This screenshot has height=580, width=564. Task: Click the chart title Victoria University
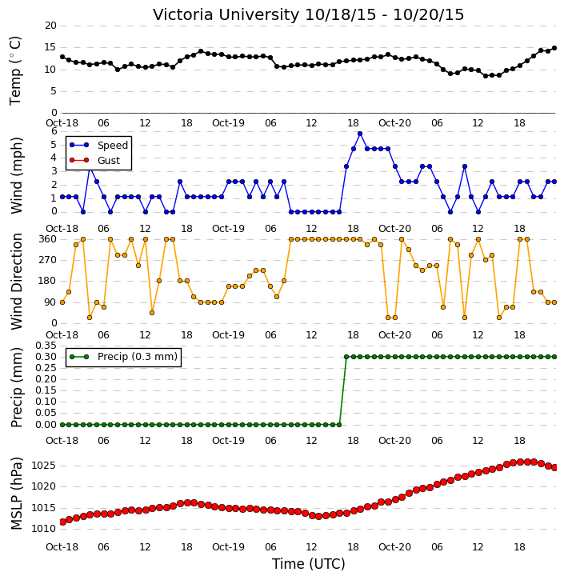click(x=226, y=15)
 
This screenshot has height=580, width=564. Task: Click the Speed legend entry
click(x=98, y=145)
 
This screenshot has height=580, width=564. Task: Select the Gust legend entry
click(x=94, y=160)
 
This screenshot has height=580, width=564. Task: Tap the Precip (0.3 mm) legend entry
click(x=123, y=357)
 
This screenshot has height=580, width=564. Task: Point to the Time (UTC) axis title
click(x=309, y=564)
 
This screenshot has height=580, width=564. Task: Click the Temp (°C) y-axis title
click(x=15, y=70)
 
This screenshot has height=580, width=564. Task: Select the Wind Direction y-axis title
click(x=16, y=282)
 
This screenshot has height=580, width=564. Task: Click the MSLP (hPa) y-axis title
click(x=16, y=493)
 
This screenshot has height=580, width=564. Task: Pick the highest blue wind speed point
click(x=360, y=134)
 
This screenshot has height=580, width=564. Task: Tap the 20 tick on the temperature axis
click(x=50, y=26)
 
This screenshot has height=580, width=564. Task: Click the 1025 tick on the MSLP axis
click(x=43, y=466)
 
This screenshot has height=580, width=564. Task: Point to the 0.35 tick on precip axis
click(x=46, y=346)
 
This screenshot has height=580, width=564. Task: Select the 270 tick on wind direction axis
click(x=48, y=260)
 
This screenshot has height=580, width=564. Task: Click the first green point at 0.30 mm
click(x=346, y=357)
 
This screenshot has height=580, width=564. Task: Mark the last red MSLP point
click(x=554, y=468)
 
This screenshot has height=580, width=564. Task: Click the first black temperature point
click(x=62, y=57)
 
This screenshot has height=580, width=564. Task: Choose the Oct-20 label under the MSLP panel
click(x=394, y=546)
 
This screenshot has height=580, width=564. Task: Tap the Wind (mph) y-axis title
click(x=16, y=175)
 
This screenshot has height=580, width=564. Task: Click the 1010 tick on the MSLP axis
click(x=43, y=529)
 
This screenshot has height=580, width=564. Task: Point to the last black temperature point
click(x=554, y=48)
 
